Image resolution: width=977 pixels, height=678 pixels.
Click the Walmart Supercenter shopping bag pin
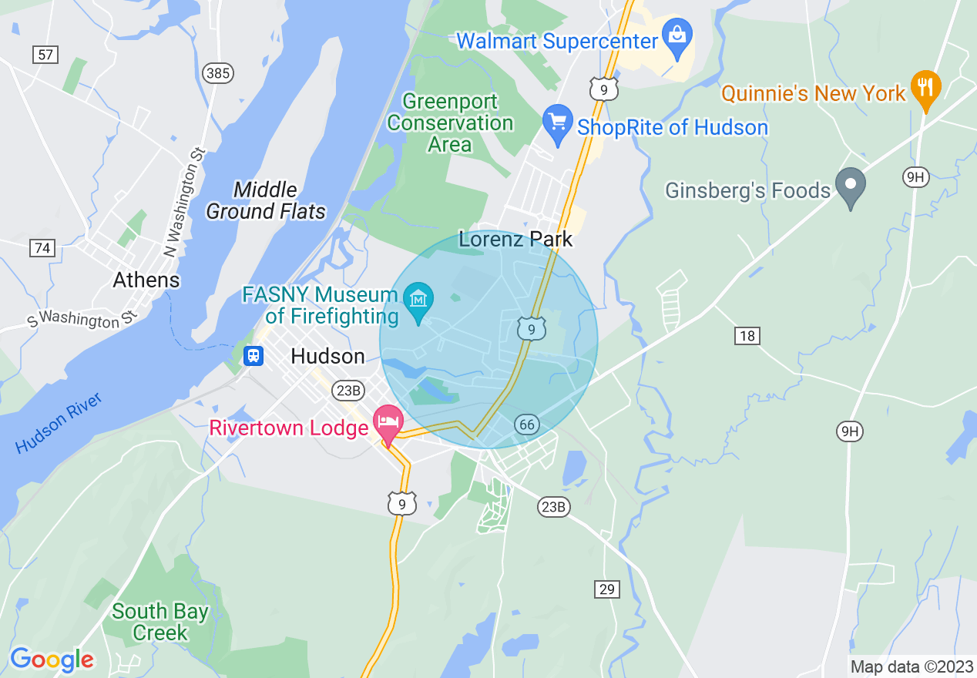(x=677, y=38)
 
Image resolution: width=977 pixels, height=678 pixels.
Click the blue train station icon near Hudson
(x=253, y=356)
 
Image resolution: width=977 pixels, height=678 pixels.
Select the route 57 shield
(x=45, y=54)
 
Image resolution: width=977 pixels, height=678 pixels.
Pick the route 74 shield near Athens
(x=42, y=248)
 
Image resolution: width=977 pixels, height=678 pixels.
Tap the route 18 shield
(x=747, y=335)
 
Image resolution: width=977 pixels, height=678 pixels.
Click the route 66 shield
(x=527, y=425)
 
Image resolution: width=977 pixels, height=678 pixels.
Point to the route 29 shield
(x=607, y=589)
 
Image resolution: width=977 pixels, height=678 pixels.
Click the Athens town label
(x=146, y=280)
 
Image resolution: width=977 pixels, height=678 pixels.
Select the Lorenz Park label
(x=515, y=239)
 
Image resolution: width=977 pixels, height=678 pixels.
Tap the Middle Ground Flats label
(x=266, y=200)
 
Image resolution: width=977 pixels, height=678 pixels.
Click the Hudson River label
(x=59, y=423)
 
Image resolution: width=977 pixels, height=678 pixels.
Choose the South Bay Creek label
(x=160, y=622)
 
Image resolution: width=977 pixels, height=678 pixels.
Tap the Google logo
(x=52, y=660)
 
